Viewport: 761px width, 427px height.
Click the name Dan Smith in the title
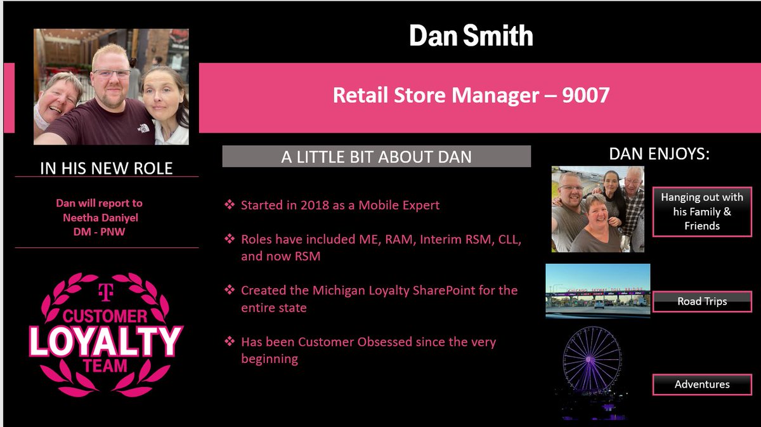pyautogui.click(x=471, y=36)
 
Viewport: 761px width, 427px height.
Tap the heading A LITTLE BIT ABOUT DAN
pyautogui.click(x=376, y=157)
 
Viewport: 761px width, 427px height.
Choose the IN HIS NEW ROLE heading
pyautogui.click(x=106, y=168)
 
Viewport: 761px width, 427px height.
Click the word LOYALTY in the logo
pyautogui.click(x=105, y=341)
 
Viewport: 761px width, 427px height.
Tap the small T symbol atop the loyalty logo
pyautogui.click(x=105, y=291)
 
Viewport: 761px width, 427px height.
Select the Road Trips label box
pyautogui.click(x=702, y=301)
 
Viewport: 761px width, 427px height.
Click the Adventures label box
pyautogui.click(x=702, y=384)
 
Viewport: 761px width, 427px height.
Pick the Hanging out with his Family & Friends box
pyautogui.click(x=702, y=211)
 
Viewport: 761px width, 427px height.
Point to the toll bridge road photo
pyautogui.click(x=597, y=290)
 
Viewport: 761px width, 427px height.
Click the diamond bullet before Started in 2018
pyautogui.click(x=230, y=206)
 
